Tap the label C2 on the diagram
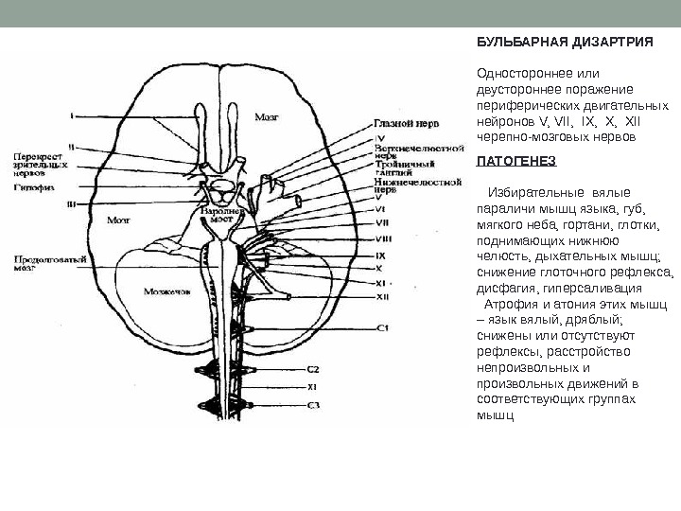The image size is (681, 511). point(313,369)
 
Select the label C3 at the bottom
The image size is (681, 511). point(313,405)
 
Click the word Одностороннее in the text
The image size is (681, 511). point(523,72)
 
